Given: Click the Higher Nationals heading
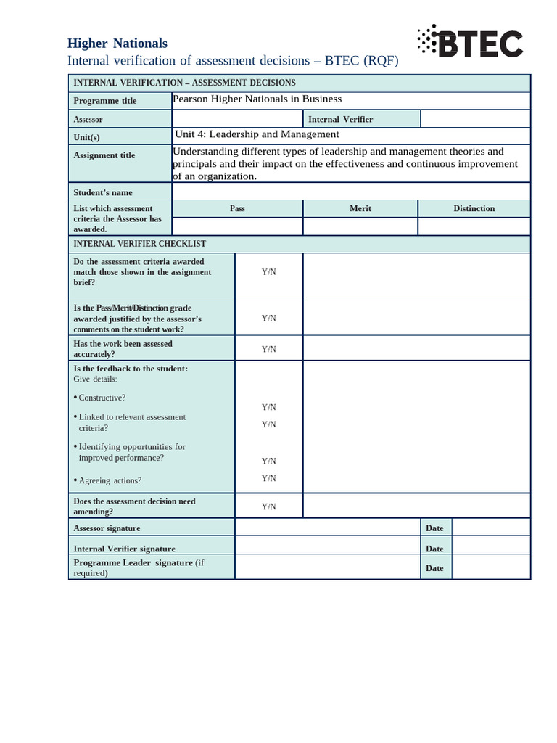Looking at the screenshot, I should (x=117, y=44).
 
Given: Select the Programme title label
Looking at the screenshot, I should (x=104, y=101).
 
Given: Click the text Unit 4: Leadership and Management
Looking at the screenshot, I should (x=257, y=134).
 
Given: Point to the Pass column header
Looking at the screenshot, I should (x=237, y=208).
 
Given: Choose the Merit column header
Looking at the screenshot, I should (x=360, y=208).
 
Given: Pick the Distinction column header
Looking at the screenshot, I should (x=474, y=208).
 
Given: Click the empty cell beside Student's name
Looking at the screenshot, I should (x=350, y=192).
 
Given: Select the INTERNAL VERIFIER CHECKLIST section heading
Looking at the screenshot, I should (x=140, y=244).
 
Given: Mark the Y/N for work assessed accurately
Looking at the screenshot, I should (x=268, y=349).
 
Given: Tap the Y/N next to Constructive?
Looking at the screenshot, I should (x=268, y=407).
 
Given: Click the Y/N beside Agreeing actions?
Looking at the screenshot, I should (x=268, y=478).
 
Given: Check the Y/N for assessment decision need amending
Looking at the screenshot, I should (x=268, y=506).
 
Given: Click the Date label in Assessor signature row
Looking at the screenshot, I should (x=434, y=528).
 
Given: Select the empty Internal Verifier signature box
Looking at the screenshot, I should (x=327, y=546).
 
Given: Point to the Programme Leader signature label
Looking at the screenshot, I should (x=133, y=562).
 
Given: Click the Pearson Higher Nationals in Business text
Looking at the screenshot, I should (x=257, y=99).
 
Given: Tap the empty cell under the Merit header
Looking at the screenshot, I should (x=360, y=227).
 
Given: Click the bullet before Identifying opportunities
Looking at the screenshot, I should (x=75, y=446).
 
